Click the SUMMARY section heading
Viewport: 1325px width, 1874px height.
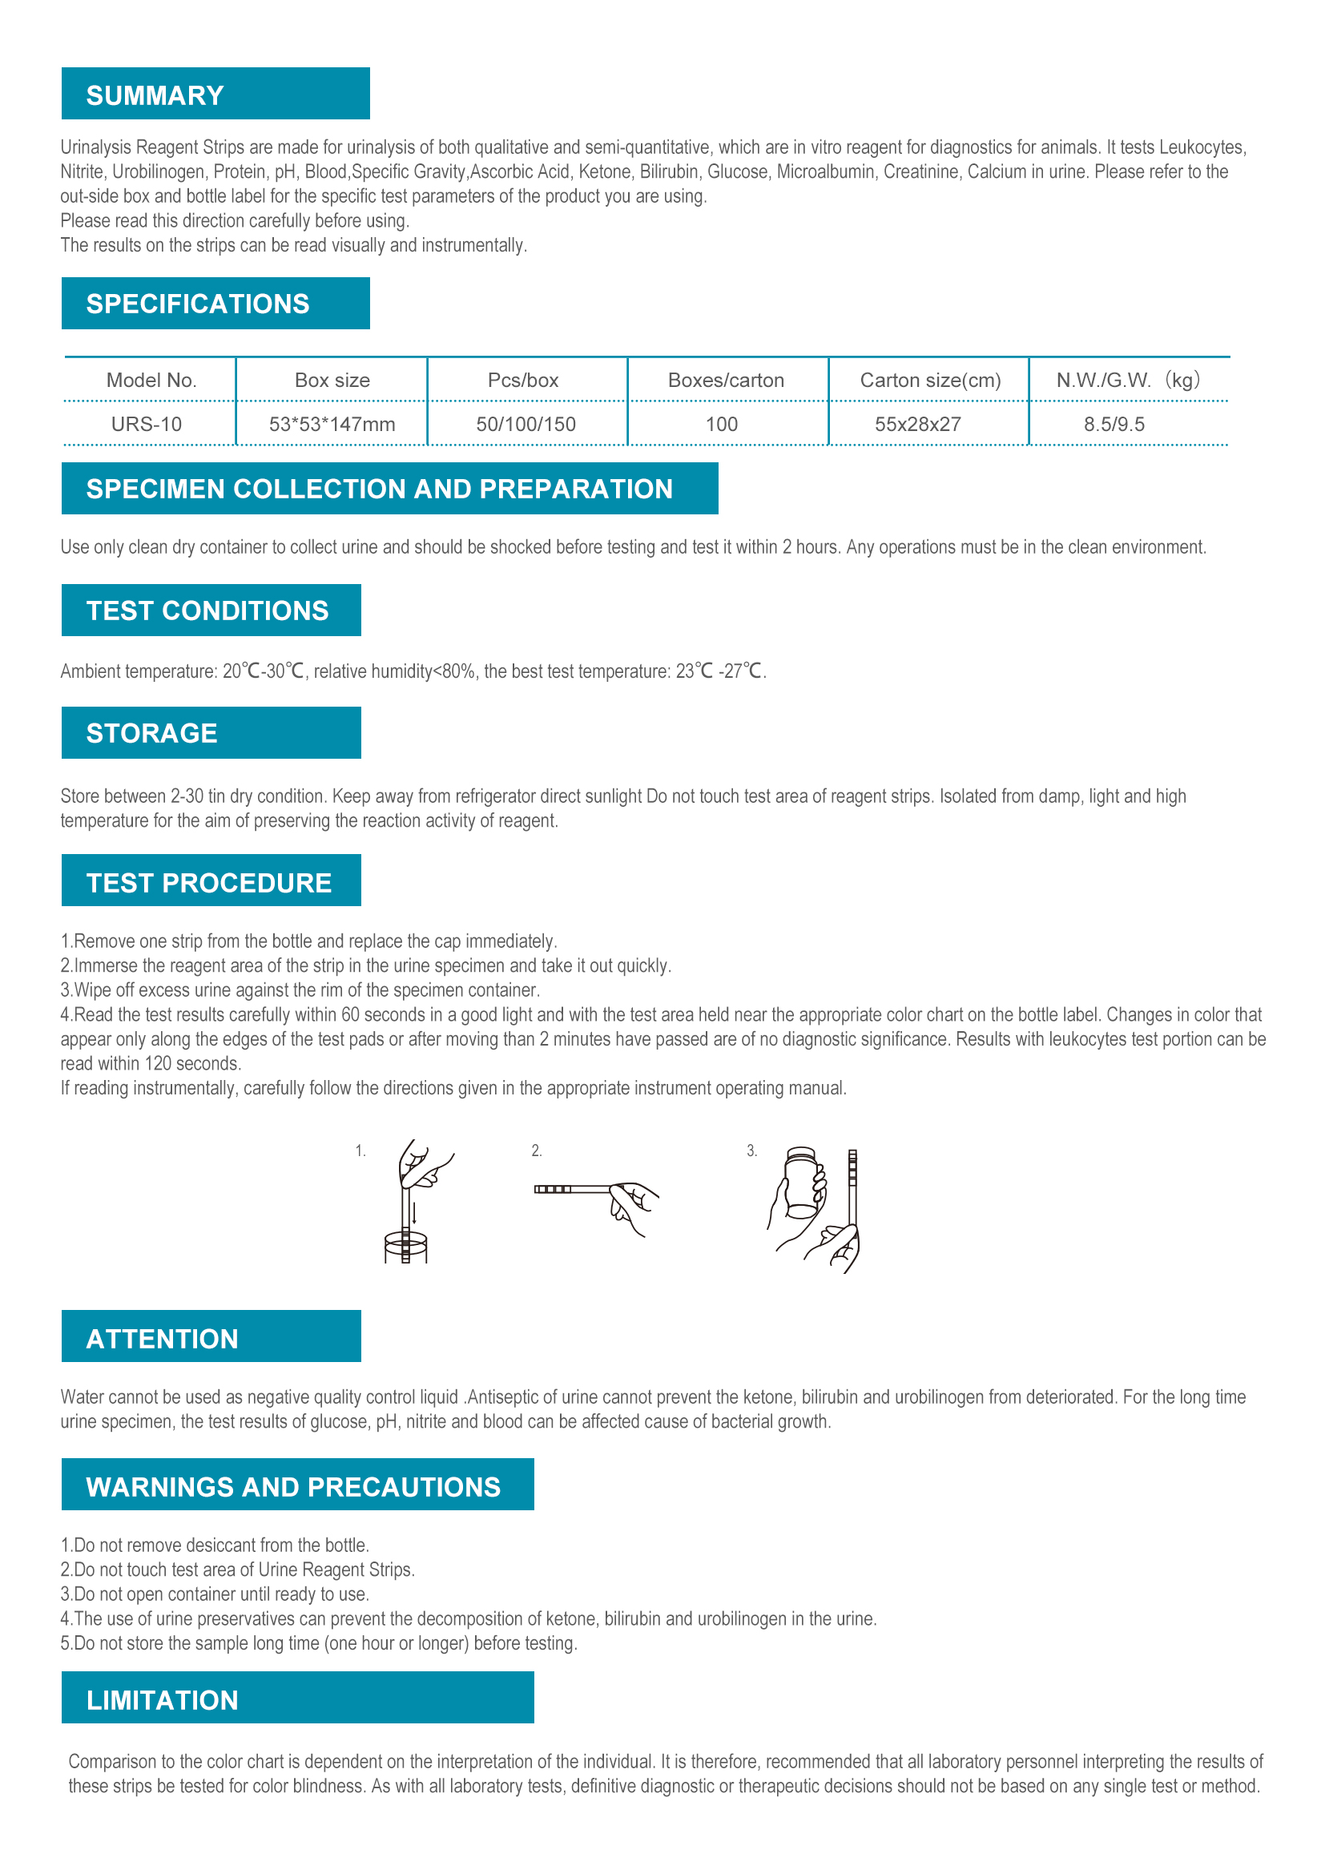[155, 95]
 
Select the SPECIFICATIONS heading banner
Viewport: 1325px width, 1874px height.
[197, 304]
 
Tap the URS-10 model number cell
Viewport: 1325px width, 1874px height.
[147, 425]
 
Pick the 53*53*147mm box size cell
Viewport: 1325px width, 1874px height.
[332, 425]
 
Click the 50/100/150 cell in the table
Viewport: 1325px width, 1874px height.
[526, 425]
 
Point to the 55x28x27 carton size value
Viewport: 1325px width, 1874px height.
[917, 425]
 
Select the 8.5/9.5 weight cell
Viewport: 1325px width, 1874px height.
[1114, 425]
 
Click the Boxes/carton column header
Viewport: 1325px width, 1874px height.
[725, 381]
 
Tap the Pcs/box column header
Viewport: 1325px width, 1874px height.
[523, 381]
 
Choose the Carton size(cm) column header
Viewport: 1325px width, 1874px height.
[930, 381]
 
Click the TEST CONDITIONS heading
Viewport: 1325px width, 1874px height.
[207, 611]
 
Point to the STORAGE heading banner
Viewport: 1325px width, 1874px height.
[151, 733]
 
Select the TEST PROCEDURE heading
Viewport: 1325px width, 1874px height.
[209, 883]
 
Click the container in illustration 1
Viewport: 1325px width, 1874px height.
[405, 1247]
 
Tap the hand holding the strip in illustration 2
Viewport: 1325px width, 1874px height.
[635, 1205]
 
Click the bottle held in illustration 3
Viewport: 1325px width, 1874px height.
[800, 1183]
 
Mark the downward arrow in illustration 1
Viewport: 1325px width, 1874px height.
[414, 1212]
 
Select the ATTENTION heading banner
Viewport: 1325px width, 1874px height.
[163, 1340]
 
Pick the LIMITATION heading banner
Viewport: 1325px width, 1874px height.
[163, 1700]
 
